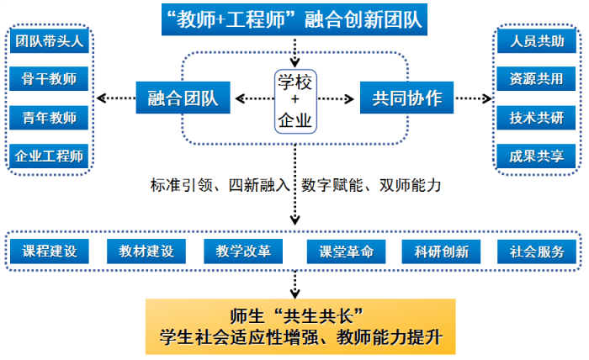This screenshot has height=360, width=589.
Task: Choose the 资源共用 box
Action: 537,81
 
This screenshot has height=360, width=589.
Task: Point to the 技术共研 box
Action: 537,118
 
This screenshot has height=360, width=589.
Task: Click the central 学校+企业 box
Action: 294,99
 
